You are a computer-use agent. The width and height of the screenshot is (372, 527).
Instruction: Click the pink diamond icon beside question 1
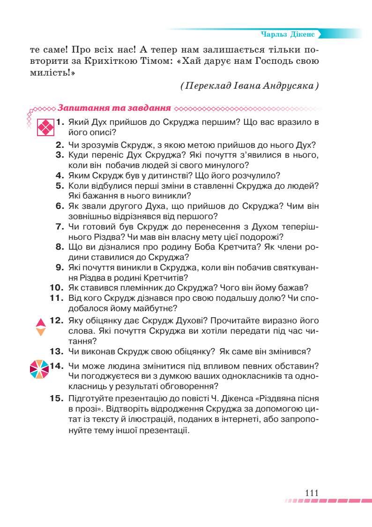tap(45, 127)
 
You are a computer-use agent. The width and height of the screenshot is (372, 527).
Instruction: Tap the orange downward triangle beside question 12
tap(41, 332)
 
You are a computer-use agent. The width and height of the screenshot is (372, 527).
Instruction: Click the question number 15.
tap(57, 399)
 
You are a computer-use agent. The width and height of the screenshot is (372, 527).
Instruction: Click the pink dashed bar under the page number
tap(327, 501)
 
